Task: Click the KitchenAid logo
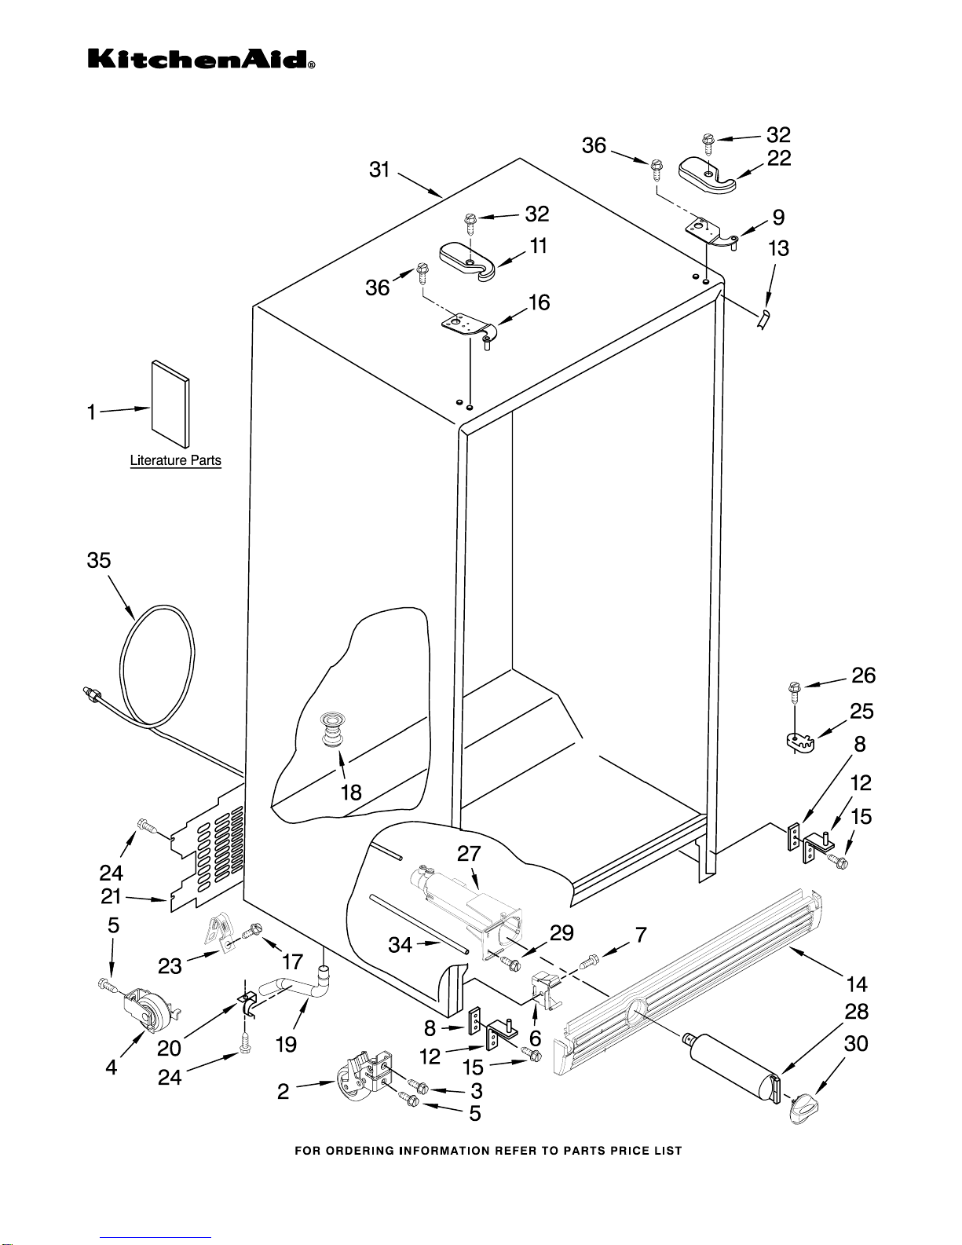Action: pos(201,60)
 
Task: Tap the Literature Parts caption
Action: pos(176,460)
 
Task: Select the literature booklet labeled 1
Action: pos(170,404)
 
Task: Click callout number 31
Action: pos(379,170)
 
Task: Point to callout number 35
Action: pos(98,560)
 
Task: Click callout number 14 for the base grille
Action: pos(858,984)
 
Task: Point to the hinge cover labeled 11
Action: pos(468,261)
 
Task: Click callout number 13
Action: pos(779,249)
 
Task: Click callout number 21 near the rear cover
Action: pos(111,896)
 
